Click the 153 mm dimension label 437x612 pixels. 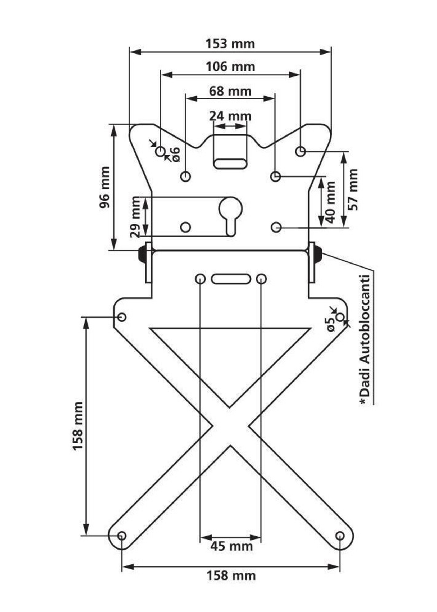(230, 44)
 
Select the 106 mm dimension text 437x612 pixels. (230, 66)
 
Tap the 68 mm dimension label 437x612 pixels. (230, 91)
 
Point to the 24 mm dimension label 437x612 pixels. (230, 116)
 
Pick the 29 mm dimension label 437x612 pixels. (135, 217)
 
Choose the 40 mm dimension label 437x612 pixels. (330, 202)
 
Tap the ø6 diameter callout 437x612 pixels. (175, 155)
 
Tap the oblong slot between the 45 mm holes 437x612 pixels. (231, 279)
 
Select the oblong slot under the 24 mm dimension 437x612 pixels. (231, 164)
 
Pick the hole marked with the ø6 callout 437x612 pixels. (160, 152)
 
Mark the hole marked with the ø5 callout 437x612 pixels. (340, 317)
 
